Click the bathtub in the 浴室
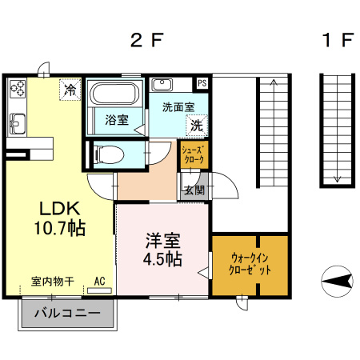(x=114, y=94)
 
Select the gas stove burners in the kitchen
(x=18, y=89)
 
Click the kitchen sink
(x=18, y=123)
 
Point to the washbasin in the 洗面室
(x=162, y=85)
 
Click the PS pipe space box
(x=202, y=83)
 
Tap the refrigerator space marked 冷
(x=70, y=90)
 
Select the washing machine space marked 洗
(x=197, y=126)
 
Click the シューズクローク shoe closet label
(x=193, y=154)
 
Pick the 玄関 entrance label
(x=195, y=190)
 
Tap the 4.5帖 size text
(x=162, y=259)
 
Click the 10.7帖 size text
(x=60, y=228)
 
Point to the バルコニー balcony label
(x=67, y=313)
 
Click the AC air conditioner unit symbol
(x=99, y=290)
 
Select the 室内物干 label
(x=53, y=282)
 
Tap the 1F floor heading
(x=338, y=40)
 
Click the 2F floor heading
(x=146, y=40)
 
